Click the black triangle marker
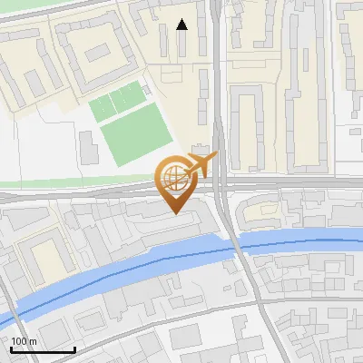tap(182, 25)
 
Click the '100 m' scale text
tap(24, 340)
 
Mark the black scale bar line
tap(43, 349)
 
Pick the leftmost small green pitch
tap(103, 106)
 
